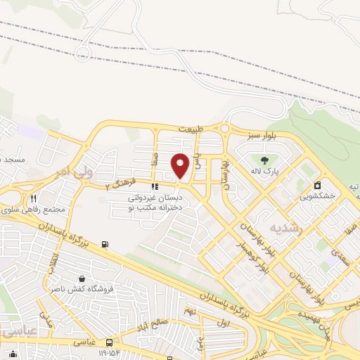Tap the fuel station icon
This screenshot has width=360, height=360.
coord(105,244)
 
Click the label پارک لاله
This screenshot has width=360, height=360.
coord(266,170)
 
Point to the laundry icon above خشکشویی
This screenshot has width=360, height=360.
coord(318,186)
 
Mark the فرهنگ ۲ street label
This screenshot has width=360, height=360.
coord(135,184)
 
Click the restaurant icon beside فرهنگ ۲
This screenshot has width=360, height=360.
coord(155,186)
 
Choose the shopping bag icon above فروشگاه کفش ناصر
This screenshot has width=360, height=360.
coord(83,278)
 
